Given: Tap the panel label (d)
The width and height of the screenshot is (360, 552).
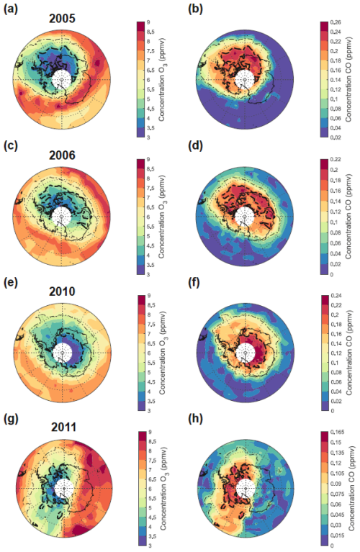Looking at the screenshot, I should [x=197, y=147].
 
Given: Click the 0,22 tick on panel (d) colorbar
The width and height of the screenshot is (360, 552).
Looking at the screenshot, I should [x=341, y=159].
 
